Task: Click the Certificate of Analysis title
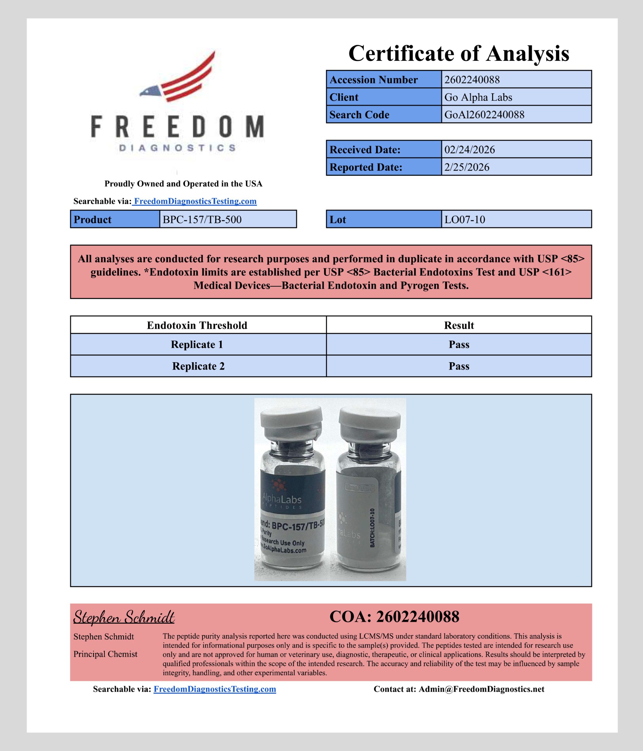point(459,54)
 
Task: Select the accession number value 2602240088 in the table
point(472,80)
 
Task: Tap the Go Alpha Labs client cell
point(478,97)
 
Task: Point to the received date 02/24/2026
point(470,150)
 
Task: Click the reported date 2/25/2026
point(467,167)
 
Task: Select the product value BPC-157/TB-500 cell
point(202,220)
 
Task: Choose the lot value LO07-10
point(464,220)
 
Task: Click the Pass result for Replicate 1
point(459,344)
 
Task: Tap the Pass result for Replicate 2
point(459,366)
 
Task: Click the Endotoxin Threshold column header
point(197,325)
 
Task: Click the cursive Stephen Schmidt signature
point(124,617)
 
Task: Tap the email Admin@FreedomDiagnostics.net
point(481,689)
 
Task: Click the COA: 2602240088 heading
point(394,617)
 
